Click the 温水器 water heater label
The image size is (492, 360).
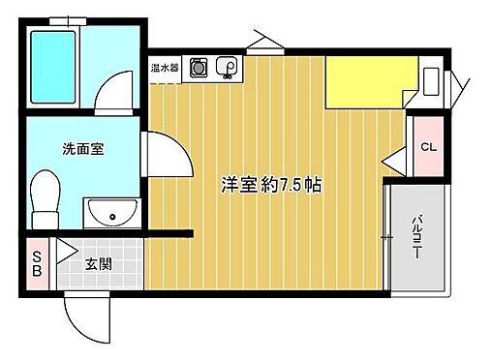pyautogui.click(x=163, y=69)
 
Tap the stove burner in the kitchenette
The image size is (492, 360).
pyautogui.click(x=199, y=68)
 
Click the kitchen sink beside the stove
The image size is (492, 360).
pyautogui.click(x=229, y=68)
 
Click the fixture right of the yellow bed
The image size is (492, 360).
pyautogui.click(x=431, y=83)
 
